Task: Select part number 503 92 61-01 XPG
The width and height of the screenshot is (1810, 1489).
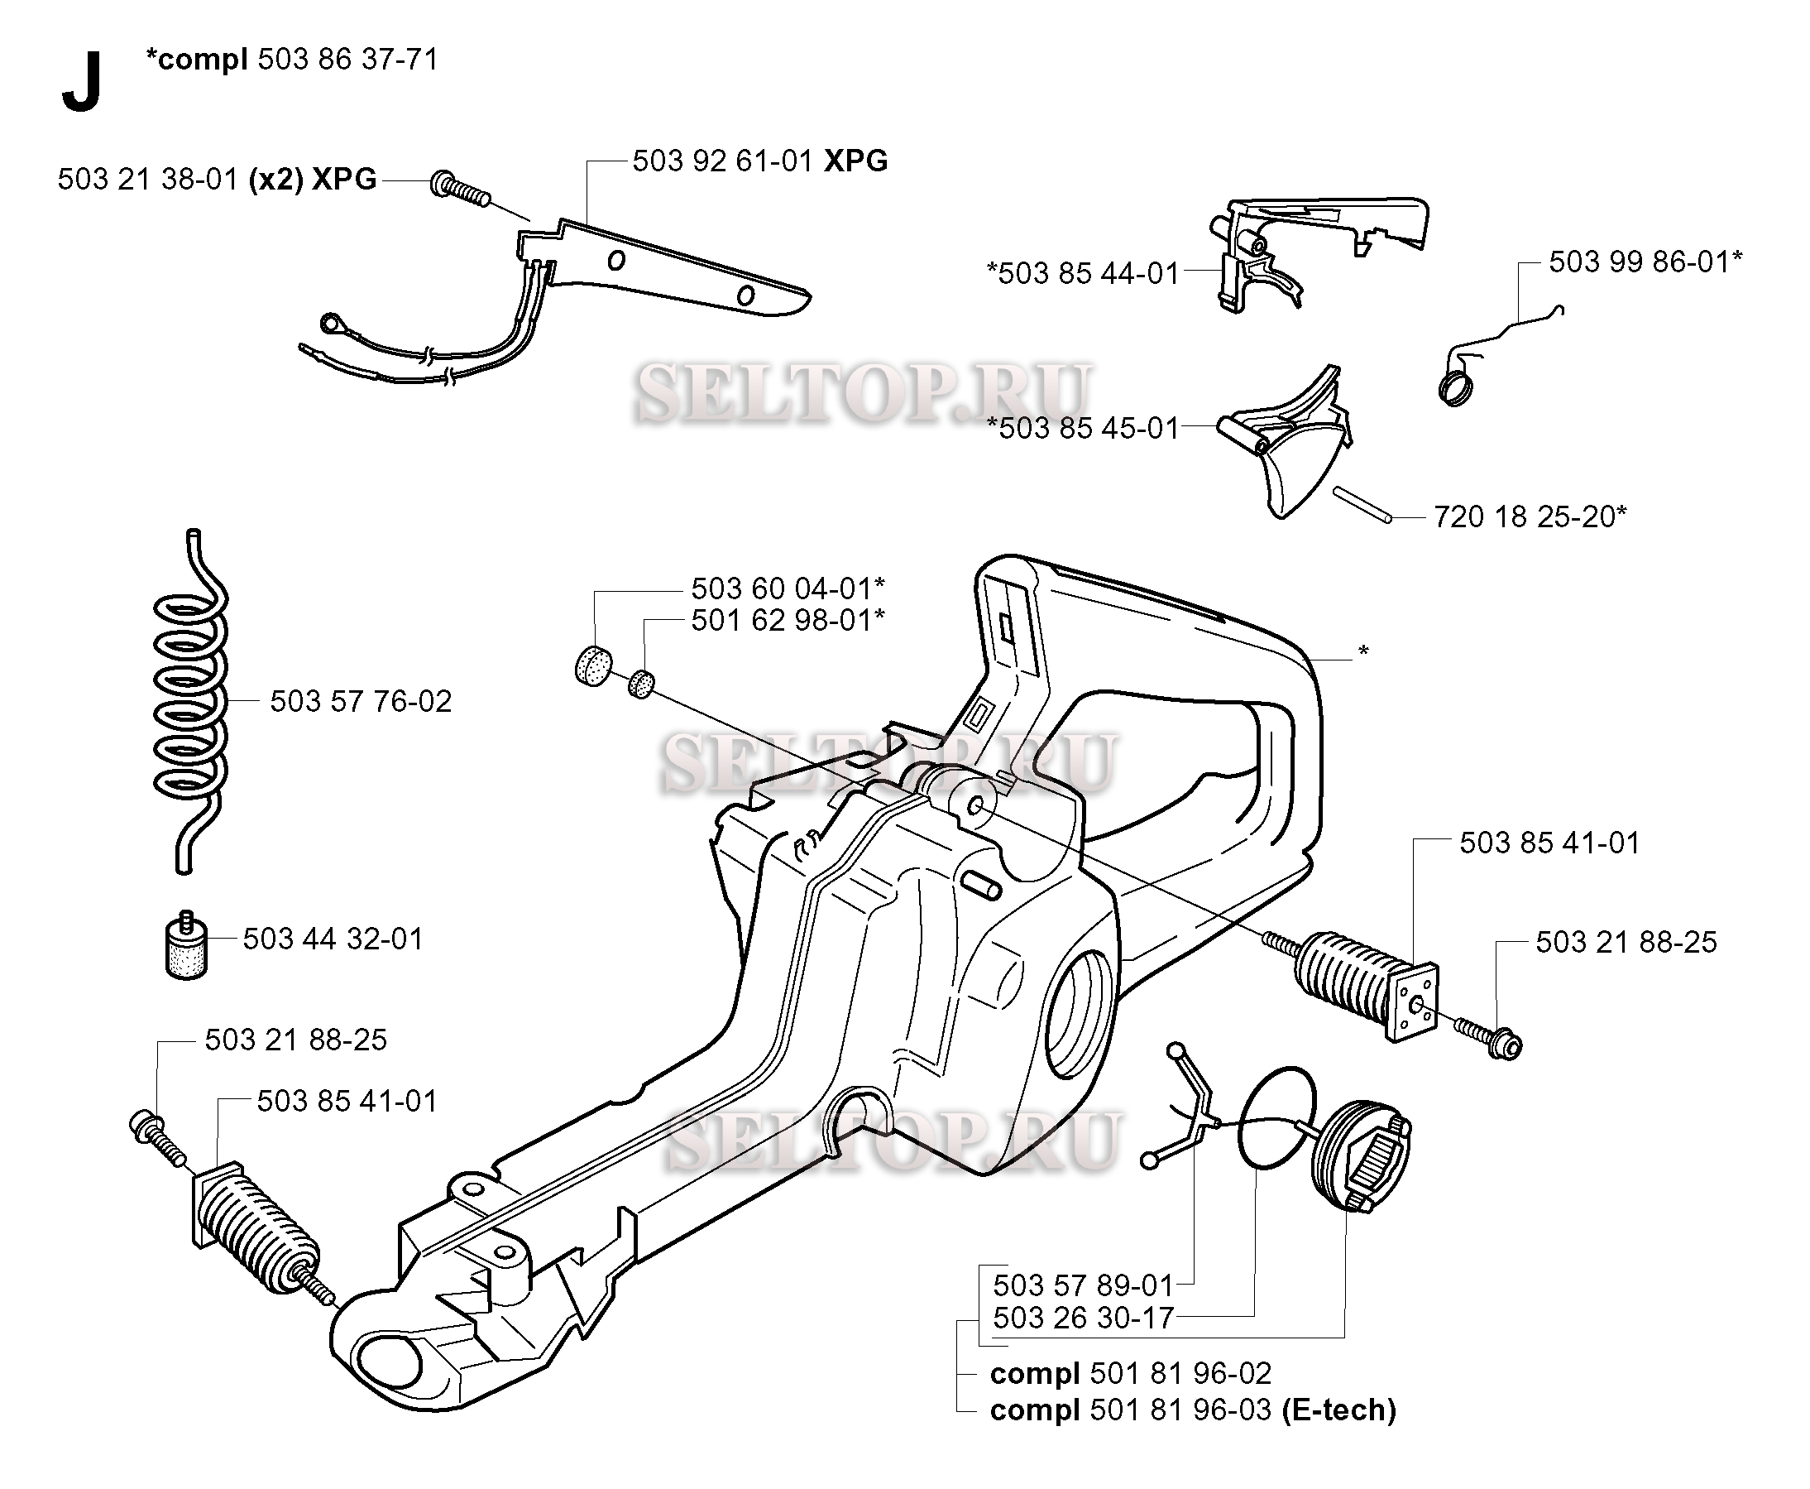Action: click(759, 161)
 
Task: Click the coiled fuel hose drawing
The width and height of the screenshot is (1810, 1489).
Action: click(190, 699)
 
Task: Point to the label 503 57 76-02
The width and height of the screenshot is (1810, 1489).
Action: click(360, 702)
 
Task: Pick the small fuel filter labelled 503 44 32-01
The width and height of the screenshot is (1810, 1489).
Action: click(186, 945)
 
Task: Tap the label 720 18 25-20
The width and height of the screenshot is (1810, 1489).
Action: click(1530, 516)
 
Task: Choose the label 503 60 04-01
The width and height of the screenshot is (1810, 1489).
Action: click(787, 588)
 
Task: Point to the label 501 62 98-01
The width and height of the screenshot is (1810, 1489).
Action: click(787, 620)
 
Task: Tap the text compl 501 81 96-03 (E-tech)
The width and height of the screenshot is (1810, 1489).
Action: click(1193, 1410)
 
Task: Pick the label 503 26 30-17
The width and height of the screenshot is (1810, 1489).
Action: click(1083, 1318)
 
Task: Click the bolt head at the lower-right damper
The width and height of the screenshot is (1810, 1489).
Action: click(1505, 1045)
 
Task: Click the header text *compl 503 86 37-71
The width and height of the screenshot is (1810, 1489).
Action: click(291, 60)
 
